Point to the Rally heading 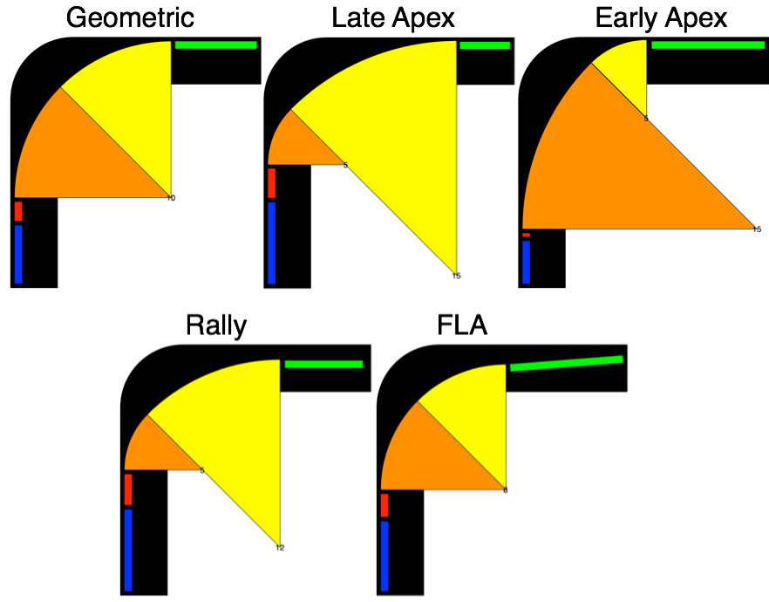(216, 325)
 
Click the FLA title (462, 325)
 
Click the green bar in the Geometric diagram (215, 44)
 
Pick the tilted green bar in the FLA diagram (567, 363)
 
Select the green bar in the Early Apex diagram (708, 44)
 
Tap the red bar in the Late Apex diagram (271, 183)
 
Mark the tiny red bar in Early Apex (526, 235)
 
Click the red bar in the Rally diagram (128, 489)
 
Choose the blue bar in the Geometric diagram (18, 253)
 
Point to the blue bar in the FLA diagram (384, 556)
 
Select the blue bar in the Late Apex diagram (271, 243)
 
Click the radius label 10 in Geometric (171, 198)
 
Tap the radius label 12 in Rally (280, 548)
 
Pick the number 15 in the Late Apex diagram (456, 276)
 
